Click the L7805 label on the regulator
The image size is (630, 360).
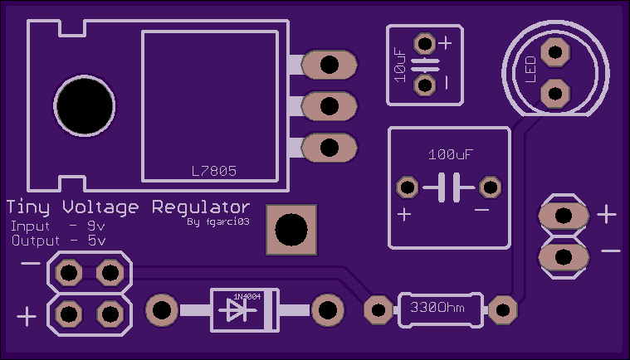(x=214, y=172)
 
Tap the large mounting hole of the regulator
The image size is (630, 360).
(x=85, y=106)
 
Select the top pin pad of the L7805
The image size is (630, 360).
(x=329, y=65)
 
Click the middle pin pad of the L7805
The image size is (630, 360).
(x=329, y=106)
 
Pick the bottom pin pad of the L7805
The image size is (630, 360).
(x=329, y=148)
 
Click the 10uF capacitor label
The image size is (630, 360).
(x=400, y=65)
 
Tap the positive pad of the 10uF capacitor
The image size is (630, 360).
(x=425, y=43)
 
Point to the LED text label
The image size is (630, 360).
(x=530, y=70)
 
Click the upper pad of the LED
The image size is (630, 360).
(x=555, y=51)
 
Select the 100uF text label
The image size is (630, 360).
(x=451, y=154)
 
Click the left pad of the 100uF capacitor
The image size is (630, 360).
(x=408, y=187)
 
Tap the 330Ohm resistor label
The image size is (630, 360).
(x=437, y=308)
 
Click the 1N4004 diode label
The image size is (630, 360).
(x=247, y=297)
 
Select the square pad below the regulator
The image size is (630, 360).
(x=291, y=230)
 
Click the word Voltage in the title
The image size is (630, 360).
(x=100, y=207)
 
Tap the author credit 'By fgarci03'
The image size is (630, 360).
(x=218, y=222)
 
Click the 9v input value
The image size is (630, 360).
(x=96, y=226)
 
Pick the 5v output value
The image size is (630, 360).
(x=97, y=241)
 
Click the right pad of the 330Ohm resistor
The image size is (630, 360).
(x=503, y=310)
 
